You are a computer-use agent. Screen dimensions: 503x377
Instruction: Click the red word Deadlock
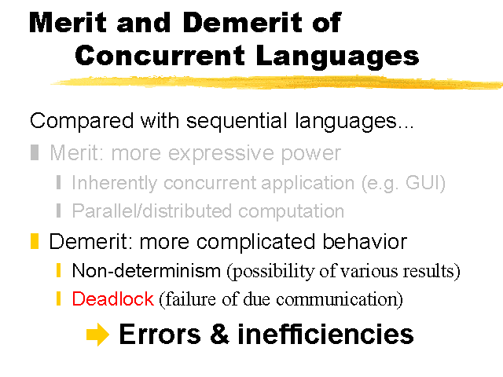(x=112, y=298)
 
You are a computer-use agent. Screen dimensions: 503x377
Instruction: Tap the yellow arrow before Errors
(x=97, y=335)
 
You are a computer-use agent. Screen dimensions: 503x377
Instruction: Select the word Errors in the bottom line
(x=160, y=334)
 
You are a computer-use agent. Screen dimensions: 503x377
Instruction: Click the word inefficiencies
(x=325, y=334)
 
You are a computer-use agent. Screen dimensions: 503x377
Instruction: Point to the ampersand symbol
(x=220, y=334)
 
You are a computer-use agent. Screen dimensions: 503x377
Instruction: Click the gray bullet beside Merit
(x=35, y=152)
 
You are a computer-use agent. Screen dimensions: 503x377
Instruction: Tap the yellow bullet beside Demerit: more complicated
(x=35, y=241)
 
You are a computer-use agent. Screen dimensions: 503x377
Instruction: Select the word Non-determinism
(x=146, y=270)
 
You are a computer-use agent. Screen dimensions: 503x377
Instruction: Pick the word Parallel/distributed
(x=152, y=211)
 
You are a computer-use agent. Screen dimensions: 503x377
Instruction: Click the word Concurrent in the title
(x=160, y=55)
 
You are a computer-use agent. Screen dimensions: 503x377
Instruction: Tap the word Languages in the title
(x=337, y=57)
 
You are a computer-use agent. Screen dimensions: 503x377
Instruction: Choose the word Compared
(x=82, y=122)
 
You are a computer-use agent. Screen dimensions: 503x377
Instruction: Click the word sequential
(x=237, y=121)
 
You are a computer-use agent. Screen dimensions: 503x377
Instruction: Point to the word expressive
(x=222, y=154)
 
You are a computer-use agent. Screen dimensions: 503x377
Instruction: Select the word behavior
(x=365, y=241)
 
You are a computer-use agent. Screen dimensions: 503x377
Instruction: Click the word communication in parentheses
(x=336, y=299)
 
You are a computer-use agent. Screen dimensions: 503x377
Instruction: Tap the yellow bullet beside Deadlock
(x=58, y=298)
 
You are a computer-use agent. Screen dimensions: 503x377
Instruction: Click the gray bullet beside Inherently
(x=58, y=182)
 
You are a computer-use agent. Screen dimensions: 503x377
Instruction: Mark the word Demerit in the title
(x=243, y=23)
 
